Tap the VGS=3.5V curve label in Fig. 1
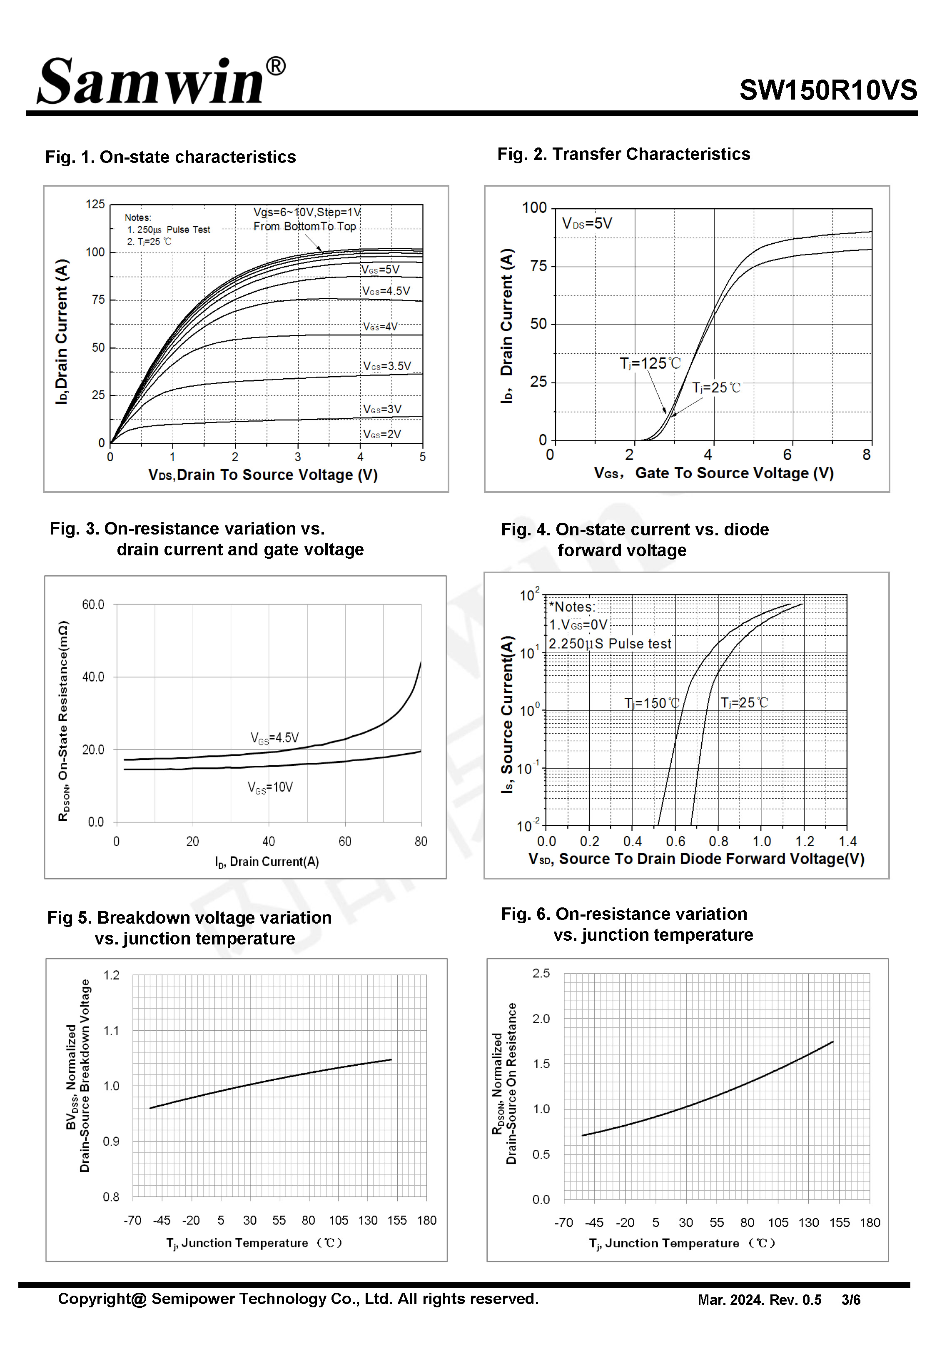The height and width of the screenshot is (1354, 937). (387, 366)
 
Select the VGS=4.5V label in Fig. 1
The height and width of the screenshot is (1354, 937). (386, 291)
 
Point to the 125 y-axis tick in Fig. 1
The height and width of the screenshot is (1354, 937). (95, 204)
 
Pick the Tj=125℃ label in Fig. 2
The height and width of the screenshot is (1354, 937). (650, 363)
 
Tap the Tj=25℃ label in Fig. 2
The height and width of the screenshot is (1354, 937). (716, 387)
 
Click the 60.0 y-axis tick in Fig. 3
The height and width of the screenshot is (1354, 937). (93, 604)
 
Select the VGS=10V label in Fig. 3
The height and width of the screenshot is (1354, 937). (270, 787)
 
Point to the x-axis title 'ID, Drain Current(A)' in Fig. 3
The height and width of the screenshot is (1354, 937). (267, 862)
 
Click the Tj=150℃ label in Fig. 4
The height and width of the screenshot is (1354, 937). (652, 703)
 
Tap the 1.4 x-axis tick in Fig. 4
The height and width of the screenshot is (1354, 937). (847, 841)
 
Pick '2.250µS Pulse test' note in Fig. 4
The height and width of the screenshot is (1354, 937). (609, 644)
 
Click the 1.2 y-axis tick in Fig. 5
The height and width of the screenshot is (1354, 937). (112, 975)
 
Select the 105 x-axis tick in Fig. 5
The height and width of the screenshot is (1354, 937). (338, 1220)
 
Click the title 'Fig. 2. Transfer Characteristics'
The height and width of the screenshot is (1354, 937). (623, 154)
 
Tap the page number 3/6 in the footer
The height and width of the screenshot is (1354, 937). (851, 1300)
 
